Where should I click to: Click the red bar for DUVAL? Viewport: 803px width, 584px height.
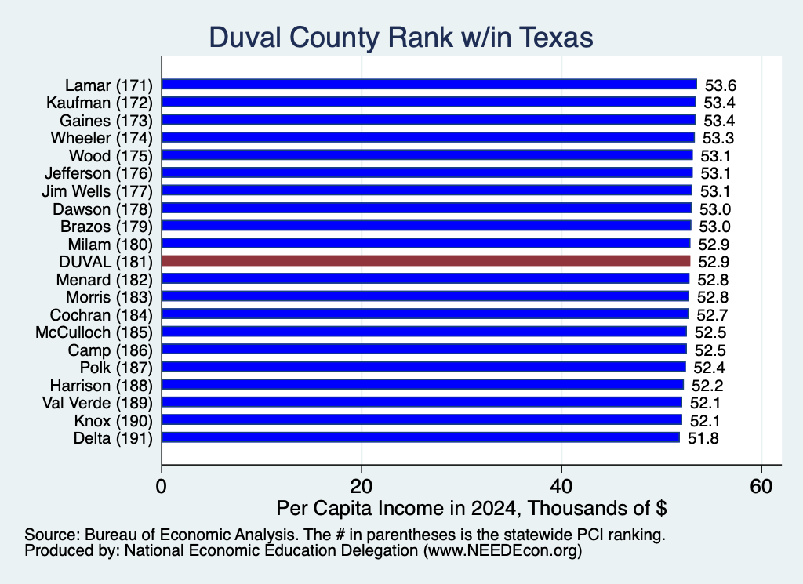pos(426,261)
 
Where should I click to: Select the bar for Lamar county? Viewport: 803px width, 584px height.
pos(429,85)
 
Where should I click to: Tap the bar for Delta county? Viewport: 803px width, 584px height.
pos(420,437)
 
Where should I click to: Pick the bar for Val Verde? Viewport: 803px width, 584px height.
pos(422,402)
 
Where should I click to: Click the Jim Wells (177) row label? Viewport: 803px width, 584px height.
pos(97,191)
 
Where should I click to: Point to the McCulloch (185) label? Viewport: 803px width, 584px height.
pos(94,332)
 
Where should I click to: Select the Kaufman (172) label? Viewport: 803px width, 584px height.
pos(100,103)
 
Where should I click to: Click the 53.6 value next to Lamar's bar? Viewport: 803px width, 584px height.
pos(721,85)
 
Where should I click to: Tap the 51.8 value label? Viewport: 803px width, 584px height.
pos(703,439)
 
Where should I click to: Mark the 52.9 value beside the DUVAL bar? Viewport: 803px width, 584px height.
pos(714,262)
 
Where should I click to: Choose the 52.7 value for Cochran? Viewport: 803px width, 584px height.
pos(712,315)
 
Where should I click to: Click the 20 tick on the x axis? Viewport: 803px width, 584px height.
pos(362,486)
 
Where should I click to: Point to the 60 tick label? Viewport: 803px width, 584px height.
pos(761,486)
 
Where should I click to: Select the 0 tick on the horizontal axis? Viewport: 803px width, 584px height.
pos(162,486)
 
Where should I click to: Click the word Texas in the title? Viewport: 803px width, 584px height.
pos(556,38)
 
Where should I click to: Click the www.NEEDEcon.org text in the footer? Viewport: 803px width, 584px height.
pos(502,551)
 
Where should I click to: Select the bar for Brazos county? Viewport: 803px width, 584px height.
pos(427,226)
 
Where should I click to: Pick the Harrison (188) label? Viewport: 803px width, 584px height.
pos(101,386)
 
